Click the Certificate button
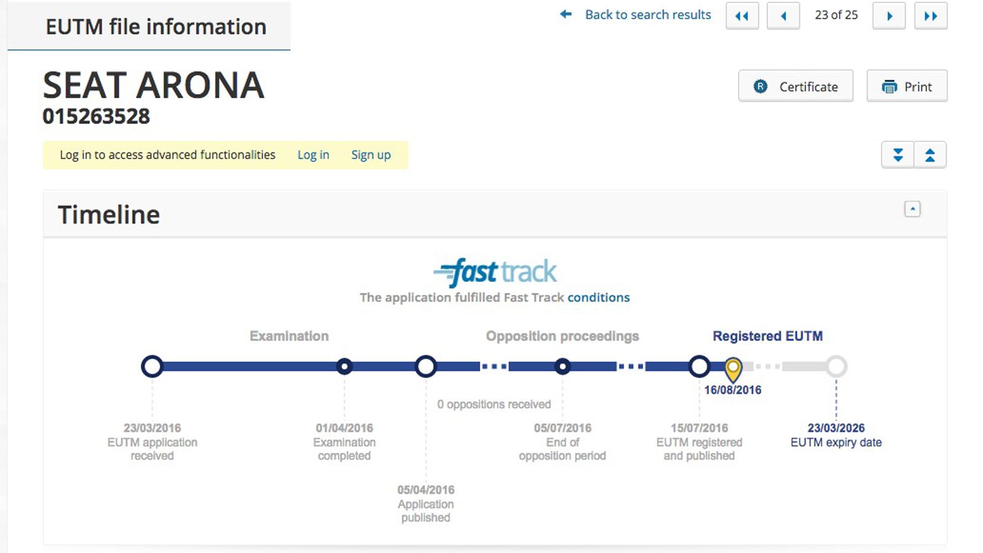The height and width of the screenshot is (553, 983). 796,86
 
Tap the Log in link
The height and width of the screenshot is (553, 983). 313,155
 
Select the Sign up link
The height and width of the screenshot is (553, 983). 371,155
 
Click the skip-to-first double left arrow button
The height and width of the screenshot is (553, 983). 742,16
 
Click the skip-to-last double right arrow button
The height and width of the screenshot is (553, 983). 931,16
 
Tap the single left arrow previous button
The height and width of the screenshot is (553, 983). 783,16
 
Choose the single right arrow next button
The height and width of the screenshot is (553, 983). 889,16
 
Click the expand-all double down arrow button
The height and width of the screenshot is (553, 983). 898,155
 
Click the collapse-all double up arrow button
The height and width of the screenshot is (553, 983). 930,155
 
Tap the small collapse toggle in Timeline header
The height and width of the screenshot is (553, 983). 912,209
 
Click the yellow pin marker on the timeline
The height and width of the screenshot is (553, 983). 733,369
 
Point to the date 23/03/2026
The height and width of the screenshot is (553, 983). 836,428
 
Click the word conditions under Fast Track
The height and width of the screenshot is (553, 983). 598,297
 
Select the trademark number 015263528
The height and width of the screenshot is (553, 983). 96,116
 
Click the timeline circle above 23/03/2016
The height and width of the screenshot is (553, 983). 152,366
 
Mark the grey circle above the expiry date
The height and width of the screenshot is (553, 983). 836,366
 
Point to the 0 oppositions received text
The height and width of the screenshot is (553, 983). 494,404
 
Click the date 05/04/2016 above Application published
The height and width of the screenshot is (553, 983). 426,490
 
